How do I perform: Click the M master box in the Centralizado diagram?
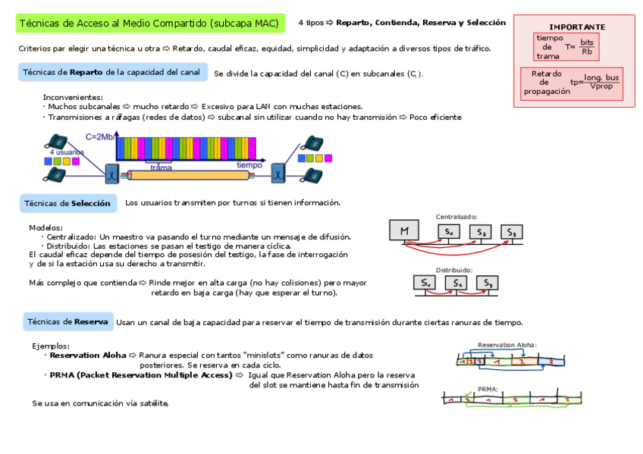(405, 230)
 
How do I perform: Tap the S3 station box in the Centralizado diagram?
(512, 232)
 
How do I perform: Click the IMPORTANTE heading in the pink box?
(576, 27)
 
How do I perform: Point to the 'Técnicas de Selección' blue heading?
(67, 203)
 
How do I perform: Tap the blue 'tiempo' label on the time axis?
(249, 164)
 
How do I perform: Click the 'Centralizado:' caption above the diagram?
(456, 217)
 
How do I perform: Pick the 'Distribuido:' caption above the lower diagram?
(453, 270)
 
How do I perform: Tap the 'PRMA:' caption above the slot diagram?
(488, 388)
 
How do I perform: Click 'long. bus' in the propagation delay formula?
(601, 77)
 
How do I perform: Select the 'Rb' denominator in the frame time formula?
(586, 52)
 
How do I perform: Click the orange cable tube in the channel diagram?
(190, 175)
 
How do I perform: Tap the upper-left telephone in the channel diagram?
(56, 141)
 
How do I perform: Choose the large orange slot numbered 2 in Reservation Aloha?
(522, 362)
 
